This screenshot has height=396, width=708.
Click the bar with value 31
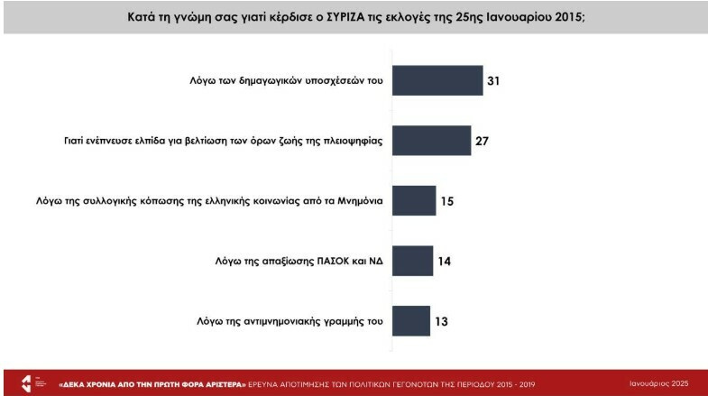pos(437,80)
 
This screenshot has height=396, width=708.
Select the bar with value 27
pos(431,141)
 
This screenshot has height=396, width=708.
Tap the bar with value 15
pos(414,200)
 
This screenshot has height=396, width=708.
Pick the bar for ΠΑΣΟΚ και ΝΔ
pos(412,261)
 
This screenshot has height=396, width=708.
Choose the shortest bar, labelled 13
pos(410,320)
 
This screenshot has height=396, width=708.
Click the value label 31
pos(493,81)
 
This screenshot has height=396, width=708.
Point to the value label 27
pos(482,141)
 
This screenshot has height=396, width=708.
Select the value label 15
pos(446,201)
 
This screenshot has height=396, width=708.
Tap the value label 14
pos(444,261)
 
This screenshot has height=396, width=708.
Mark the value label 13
pos(441,320)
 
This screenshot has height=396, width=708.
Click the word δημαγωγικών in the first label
pos(250,81)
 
